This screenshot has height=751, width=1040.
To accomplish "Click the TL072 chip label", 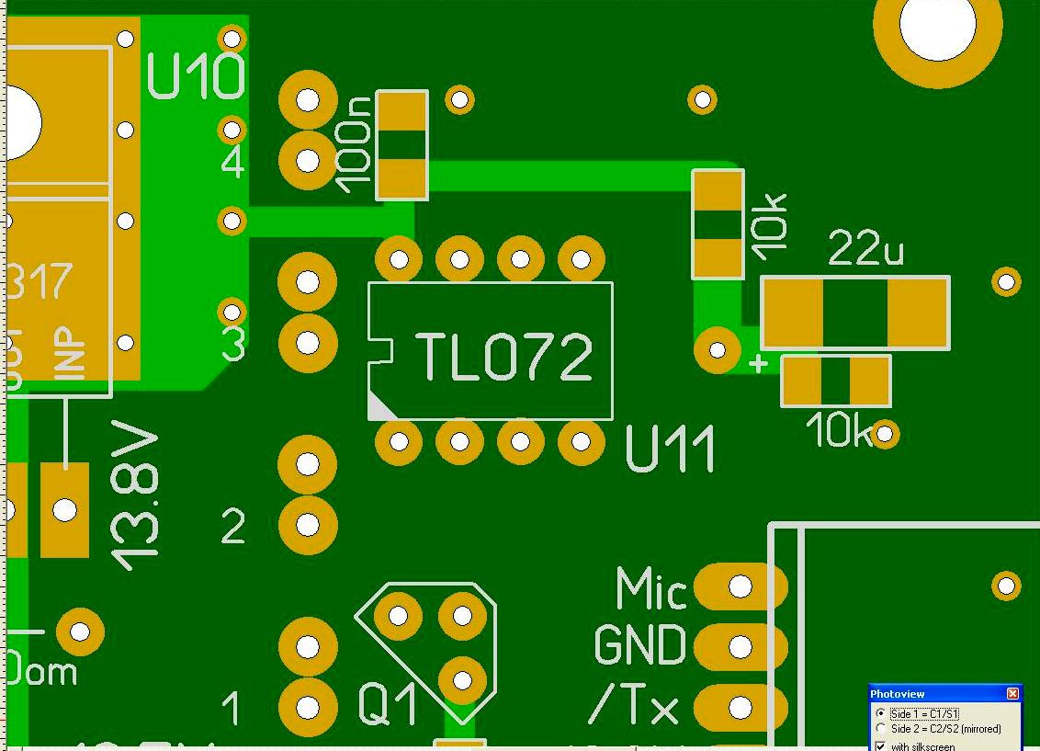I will tap(503, 357).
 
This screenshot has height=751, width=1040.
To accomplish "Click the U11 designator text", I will tap(670, 450).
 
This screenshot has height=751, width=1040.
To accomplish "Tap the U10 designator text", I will tap(196, 77).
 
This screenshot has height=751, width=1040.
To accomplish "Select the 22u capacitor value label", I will tap(865, 248).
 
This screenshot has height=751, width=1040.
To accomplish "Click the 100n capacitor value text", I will tap(355, 144).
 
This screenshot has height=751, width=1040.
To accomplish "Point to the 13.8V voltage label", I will tap(134, 496).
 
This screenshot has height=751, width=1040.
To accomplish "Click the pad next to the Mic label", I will tap(740, 586).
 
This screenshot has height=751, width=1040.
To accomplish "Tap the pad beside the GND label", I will tap(740, 647).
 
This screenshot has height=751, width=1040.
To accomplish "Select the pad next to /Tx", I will tap(740, 708).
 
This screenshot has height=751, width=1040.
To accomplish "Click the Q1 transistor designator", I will tap(388, 706).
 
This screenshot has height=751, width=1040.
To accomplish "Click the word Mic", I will tap(650, 589).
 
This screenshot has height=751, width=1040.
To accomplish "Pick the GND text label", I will tap(639, 646).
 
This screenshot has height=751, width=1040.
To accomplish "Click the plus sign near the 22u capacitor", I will tap(758, 364).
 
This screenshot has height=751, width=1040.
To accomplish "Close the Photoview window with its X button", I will tap(1012, 694).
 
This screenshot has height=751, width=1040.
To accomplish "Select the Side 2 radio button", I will tap(881, 729).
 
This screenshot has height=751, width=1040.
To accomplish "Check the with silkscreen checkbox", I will tap(881, 745).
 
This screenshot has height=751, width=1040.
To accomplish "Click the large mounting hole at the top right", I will tap(937, 26).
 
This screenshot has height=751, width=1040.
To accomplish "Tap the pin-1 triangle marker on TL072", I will tap(379, 405).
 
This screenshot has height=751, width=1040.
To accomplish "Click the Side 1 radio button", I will tap(881, 713).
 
